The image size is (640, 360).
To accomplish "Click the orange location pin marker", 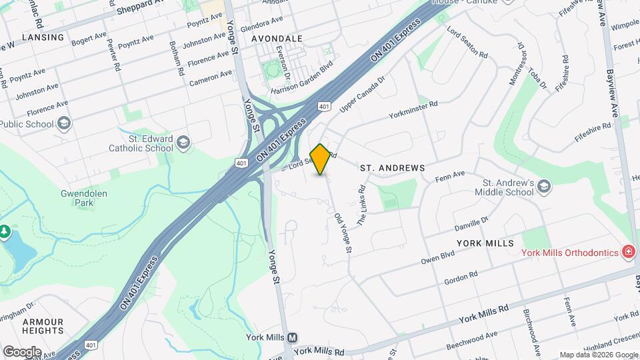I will tap(321, 159).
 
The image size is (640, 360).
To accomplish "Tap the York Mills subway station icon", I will tap(293, 338).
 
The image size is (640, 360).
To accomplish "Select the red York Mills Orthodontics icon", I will tap(627, 251).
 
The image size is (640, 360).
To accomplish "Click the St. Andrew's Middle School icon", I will tap(544, 186).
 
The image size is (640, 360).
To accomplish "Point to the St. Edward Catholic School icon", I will tap(183, 142).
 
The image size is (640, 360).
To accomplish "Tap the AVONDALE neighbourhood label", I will tap(277, 39).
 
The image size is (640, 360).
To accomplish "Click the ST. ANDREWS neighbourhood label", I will tap(392, 168).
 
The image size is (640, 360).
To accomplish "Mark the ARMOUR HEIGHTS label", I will tap(43, 326).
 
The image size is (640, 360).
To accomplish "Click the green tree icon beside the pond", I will tap(5, 231).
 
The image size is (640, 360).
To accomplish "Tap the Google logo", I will tap(21, 351).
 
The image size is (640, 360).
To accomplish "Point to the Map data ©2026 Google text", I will tap(599, 355).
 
